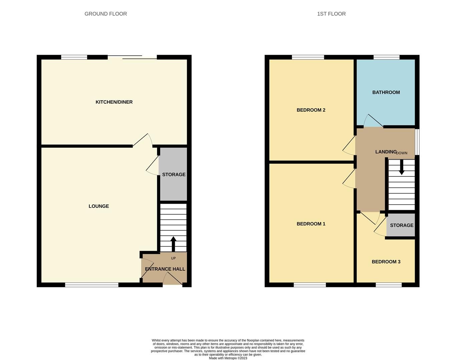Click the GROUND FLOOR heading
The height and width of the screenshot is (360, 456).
(x=105, y=14)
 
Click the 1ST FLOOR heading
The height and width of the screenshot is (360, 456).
(x=331, y=14)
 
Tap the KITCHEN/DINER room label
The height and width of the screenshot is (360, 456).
(x=114, y=102)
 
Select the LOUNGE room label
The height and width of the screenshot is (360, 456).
(x=99, y=206)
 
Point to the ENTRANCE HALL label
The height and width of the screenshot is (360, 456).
(x=165, y=269)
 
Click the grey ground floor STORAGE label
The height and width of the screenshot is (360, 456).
(x=173, y=175)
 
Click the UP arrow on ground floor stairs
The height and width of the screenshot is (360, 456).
(x=173, y=244)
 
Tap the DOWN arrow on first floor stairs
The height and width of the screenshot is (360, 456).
(x=402, y=167)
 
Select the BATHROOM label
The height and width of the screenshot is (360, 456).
(x=386, y=92)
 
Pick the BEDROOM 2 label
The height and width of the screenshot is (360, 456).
(x=311, y=110)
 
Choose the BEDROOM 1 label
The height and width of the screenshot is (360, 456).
(x=311, y=224)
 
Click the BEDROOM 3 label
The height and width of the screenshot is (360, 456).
(x=386, y=262)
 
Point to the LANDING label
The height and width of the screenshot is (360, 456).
(x=386, y=152)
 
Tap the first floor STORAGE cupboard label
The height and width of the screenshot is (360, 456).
(x=402, y=225)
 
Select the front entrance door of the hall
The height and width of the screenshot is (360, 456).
(x=172, y=279)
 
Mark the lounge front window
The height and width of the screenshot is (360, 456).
(x=92, y=285)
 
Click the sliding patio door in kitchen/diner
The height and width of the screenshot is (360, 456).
(x=132, y=57)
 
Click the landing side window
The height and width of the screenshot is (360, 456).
(x=417, y=142)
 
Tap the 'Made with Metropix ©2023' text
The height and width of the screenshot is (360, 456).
(x=228, y=358)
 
